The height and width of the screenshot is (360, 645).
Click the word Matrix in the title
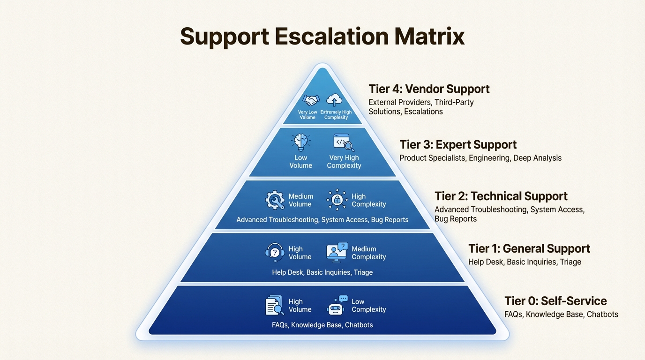[x=429, y=36]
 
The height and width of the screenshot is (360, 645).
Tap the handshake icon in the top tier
[x=311, y=100]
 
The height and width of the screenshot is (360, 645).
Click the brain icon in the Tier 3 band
[x=300, y=142]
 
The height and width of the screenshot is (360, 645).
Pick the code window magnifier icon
[x=344, y=142]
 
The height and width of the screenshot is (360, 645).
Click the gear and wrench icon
[x=275, y=200]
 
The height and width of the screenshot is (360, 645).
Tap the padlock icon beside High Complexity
[x=337, y=200]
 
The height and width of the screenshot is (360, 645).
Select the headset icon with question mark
[x=275, y=253]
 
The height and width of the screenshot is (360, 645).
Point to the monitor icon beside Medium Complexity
[x=337, y=252]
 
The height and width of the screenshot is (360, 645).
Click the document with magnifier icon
[x=275, y=305]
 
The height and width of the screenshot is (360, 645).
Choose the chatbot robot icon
[x=337, y=305]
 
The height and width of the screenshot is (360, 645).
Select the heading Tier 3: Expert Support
[x=458, y=144]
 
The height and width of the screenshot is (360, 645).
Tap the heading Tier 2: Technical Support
[x=501, y=196]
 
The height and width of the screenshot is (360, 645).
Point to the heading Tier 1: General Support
[x=529, y=248]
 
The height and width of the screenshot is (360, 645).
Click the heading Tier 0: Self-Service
[x=555, y=301]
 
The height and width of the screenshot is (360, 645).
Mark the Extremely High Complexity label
[x=336, y=115]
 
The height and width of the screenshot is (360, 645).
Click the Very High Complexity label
[x=344, y=162]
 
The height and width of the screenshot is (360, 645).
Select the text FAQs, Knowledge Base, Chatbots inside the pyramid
[x=322, y=325]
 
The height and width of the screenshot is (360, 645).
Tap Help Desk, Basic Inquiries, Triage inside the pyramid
[x=322, y=272]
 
